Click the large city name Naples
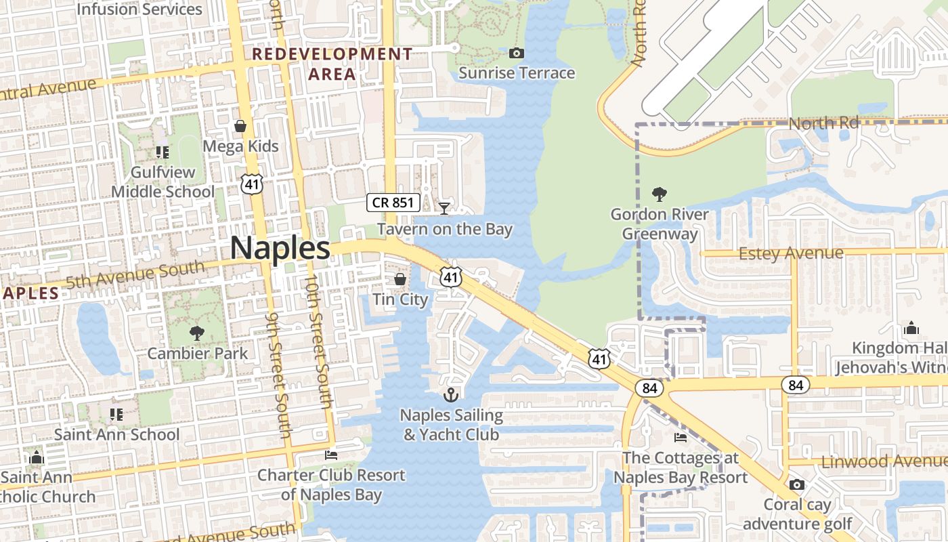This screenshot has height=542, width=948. (280, 249)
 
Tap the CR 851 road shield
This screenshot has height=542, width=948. (394, 202)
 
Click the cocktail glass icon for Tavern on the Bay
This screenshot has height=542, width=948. (444, 208)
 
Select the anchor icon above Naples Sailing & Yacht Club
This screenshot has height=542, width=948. (451, 394)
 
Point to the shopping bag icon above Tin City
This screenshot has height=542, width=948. (400, 279)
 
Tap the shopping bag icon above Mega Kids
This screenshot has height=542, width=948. (240, 126)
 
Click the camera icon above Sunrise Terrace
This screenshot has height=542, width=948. (517, 53)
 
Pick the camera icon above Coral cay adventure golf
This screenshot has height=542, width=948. (797, 484)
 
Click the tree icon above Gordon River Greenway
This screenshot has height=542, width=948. (659, 195)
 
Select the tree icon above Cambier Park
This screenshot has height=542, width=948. (197, 333)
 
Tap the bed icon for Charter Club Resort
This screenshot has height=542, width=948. (331, 455)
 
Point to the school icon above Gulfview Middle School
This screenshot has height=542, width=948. (163, 152)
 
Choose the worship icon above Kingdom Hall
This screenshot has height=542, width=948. (911, 329)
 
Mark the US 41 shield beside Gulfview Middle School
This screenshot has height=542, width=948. (252, 183)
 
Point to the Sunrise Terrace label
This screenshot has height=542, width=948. (517, 73)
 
